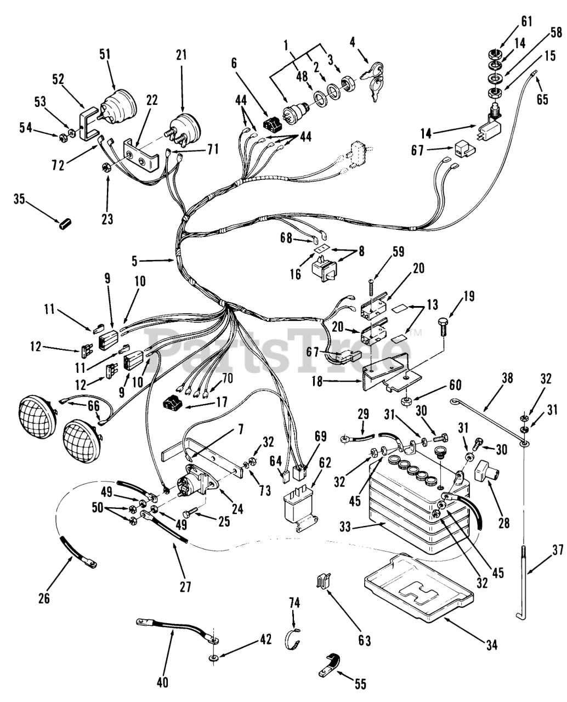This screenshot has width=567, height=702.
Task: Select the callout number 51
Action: tap(105, 53)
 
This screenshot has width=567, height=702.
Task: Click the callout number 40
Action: tap(162, 682)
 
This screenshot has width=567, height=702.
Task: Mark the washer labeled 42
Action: tap(212, 656)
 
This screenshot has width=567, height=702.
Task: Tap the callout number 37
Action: tap(557, 550)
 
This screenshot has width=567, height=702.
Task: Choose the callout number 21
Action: tap(182, 55)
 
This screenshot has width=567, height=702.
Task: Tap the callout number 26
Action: tap(44, 598)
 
